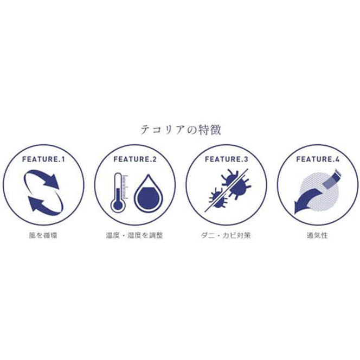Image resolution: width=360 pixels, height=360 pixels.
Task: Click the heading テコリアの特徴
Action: tap(181, 130)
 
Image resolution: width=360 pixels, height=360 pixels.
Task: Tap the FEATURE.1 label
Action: tap(43, 159)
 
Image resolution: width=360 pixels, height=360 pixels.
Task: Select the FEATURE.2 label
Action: tap(135, 159)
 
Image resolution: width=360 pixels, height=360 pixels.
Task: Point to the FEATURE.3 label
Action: tap(227, 159)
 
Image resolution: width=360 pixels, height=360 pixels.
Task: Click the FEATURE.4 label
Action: tap(318, 159)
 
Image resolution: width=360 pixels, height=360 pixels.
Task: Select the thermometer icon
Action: tap(118, 192)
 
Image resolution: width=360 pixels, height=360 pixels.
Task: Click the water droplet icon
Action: tap(148, 194)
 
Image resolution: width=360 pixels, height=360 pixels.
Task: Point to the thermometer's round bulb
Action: tap(118, 205)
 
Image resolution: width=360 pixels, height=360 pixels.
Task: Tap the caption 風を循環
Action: tap(43, 235)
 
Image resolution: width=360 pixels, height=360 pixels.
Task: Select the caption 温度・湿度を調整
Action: tap(134, 235)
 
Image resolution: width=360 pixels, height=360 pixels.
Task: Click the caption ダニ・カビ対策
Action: tap(226, 235)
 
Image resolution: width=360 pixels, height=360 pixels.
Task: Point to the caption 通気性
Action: tap(317, 235)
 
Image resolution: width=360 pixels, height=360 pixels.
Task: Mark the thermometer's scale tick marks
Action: tap(125, 187)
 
